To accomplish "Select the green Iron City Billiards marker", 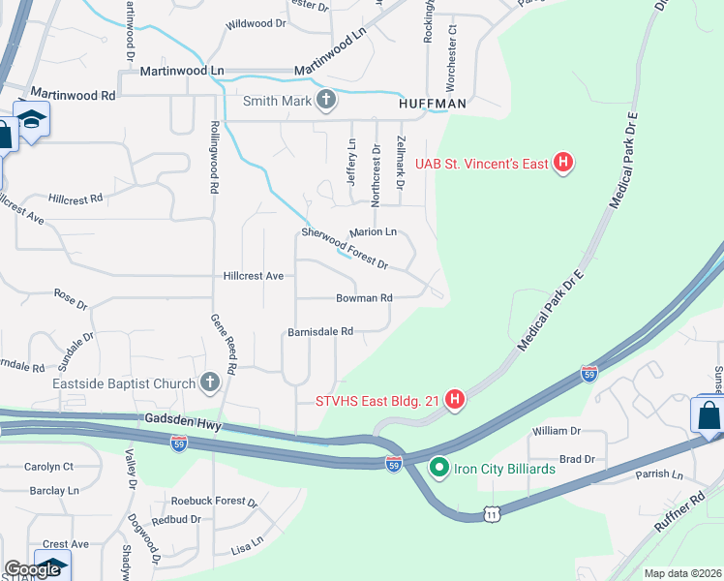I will coord(438,469).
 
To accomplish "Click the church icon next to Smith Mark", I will coord(327,100).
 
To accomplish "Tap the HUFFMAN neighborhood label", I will coord(433,103).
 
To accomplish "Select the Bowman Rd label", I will coord(364,298).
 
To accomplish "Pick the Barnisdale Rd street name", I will coord(319,331).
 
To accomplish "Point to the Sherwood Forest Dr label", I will coord(345,248).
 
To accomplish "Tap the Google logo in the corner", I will coord(32,569).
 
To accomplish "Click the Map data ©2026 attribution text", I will coord(682,573).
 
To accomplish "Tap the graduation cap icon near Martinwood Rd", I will coord(32,119).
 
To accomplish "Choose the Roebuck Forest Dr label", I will coord(214,502).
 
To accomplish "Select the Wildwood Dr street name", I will coord(256,23).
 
